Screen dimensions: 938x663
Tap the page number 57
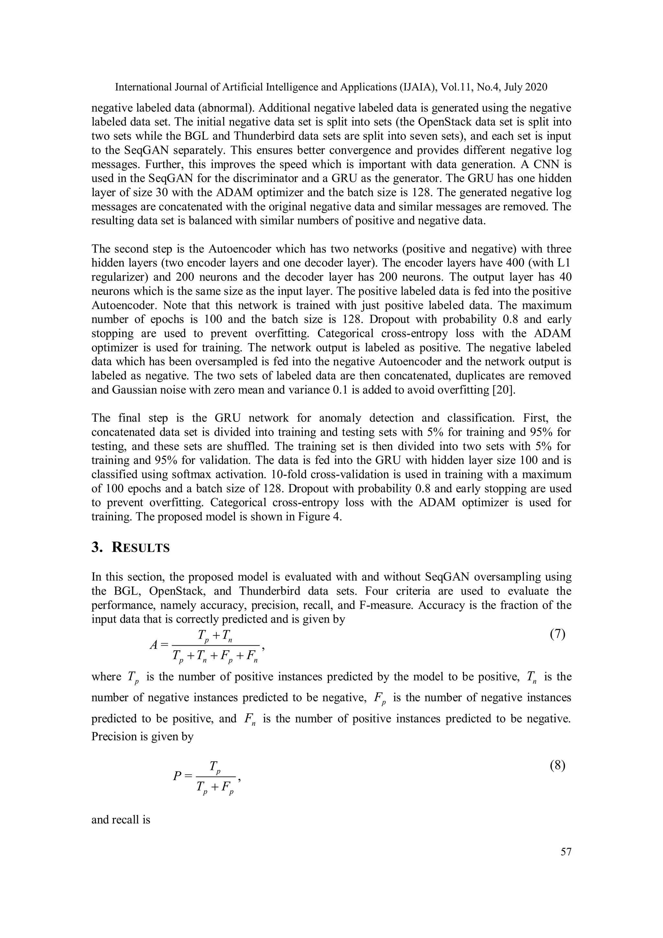click(x=566, y=851)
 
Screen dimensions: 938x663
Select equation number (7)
click(x=558, y=634)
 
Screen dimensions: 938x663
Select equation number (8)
click(x=558, y=765)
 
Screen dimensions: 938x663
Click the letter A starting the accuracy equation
click(x=153, y=645)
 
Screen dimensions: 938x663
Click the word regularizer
click(x=119, y=277)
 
